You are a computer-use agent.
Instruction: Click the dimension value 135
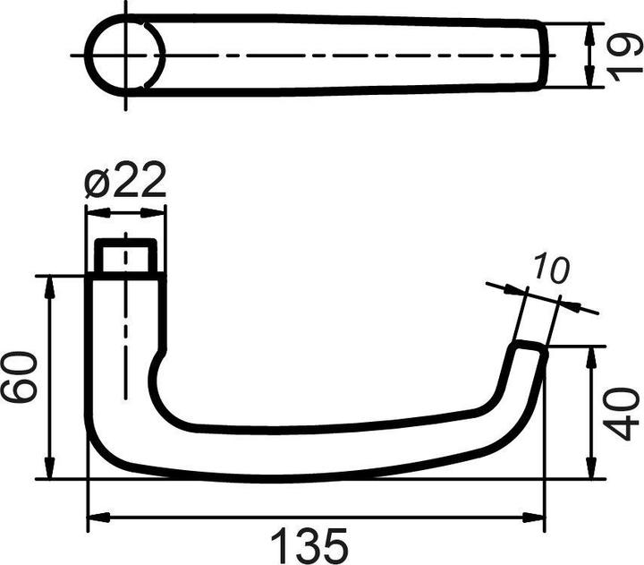[309, 544]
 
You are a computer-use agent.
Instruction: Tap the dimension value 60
[20, 377]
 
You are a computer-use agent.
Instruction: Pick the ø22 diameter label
[125, 182]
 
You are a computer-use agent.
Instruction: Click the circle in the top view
[125, 53]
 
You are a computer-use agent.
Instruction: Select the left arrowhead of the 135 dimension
[97, 518]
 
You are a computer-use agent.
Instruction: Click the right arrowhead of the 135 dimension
[536, 518]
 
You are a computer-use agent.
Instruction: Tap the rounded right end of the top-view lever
[543, 54]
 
